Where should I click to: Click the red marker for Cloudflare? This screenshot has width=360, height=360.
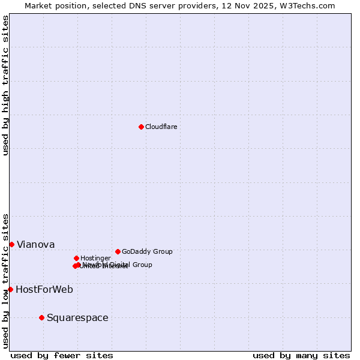[x=141, y=127]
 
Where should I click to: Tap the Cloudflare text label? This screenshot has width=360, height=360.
[x=161, y=127]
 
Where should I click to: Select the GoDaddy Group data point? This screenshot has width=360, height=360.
[x=118, y=251]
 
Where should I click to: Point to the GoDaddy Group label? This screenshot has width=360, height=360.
[x=147, y=251]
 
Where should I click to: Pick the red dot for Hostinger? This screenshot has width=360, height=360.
[x=76, y=258]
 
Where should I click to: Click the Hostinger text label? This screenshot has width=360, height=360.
[x=95, y=258]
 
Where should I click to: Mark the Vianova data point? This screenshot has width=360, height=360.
[x=11, y=244]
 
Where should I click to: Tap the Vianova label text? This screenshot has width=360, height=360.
[x=35, y=244]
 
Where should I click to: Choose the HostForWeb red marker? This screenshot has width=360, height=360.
[x=10, y=289]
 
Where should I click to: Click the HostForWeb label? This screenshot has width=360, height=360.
[x=44, y=289]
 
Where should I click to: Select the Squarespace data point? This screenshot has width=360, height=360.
[x=41, y=317]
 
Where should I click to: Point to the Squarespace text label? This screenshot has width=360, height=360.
[x=77, y=317]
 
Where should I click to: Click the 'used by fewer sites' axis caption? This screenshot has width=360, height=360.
[x=62, y=355]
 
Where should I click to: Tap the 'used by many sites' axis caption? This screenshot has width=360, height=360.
[x=301, y=355]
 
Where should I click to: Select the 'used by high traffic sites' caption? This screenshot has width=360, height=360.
[x=5, y=85]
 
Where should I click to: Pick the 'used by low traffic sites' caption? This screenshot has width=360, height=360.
[x=5, y=281]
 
